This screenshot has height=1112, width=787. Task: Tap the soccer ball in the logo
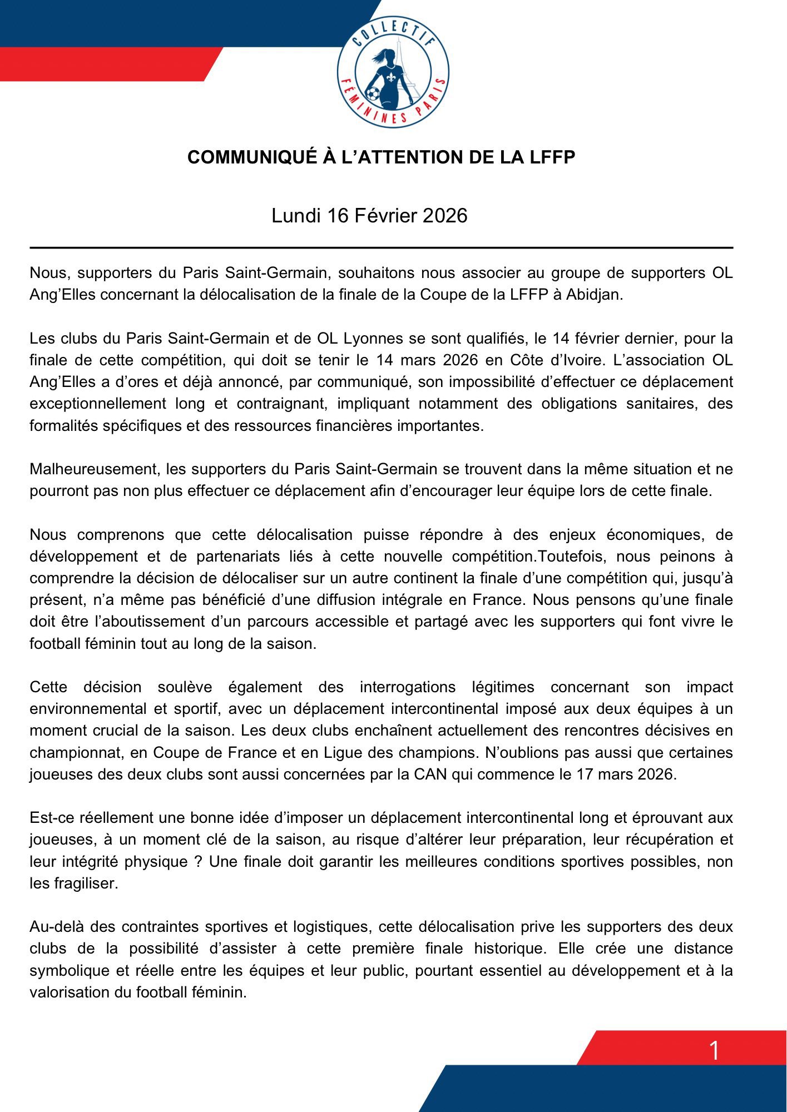coord(373,93)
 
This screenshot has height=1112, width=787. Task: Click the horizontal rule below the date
coord(382,247)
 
